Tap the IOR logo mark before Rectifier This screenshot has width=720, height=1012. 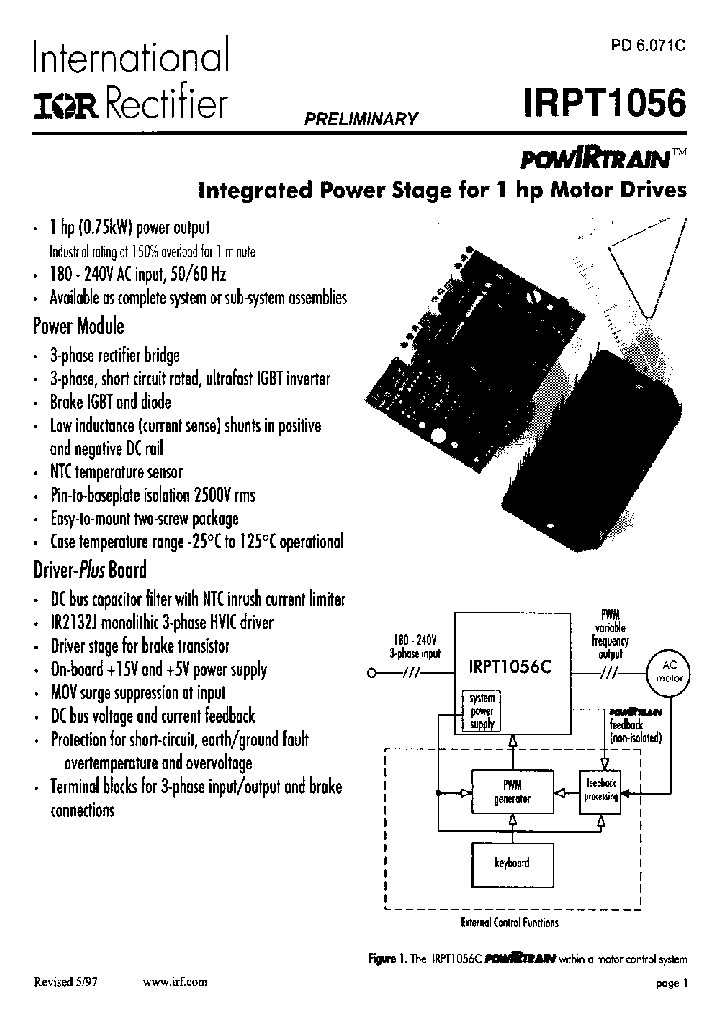pos(66,103)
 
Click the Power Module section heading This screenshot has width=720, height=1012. pos(79,326)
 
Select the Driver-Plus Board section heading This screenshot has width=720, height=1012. pos(90,569)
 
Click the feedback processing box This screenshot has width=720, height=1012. pos(602,788)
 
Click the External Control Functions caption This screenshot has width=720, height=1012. pos(509,922)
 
